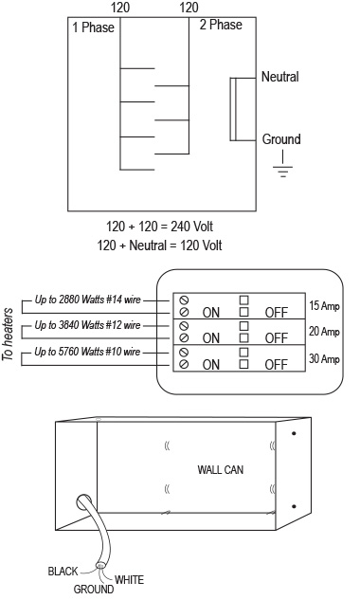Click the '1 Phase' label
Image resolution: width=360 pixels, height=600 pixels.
pyautogui.click(x=93, y=27)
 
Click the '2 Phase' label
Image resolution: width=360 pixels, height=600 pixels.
pyautogui.click(x=221, y=25)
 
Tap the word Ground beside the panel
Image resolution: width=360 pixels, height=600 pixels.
pyautogui.click(x=281, y=139)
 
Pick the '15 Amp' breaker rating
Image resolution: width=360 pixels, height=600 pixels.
pyautogui.click(x=324, y=306)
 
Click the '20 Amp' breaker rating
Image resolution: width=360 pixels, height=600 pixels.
pyautogui.click(x=324, y=332)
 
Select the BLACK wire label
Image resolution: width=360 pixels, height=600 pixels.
pyautogui.click(x=63, y=572)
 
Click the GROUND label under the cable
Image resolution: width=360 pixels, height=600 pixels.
pyautogui.click(x=94, y=589)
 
